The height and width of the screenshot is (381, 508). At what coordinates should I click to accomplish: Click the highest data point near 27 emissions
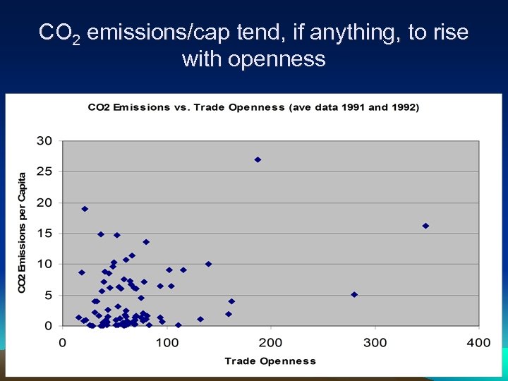(x=258, y=159)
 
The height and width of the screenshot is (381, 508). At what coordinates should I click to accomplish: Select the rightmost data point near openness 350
(x=425, y=226)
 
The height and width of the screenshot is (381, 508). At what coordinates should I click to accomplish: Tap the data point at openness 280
(x=354, y=294)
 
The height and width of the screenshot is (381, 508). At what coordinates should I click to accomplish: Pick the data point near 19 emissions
(x=85, y=209)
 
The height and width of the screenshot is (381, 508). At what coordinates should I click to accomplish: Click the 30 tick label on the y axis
(x=44, y=140)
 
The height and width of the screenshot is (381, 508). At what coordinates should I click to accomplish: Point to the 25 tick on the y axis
(x=44, y=171)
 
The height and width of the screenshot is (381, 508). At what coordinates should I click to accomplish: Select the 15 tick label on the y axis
(x=44, y=234)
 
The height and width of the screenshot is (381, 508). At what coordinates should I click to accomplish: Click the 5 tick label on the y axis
(x=48, y=295)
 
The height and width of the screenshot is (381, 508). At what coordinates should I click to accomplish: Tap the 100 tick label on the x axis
(x=167, y=343)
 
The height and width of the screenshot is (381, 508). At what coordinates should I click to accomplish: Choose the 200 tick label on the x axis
(x=271, y=343)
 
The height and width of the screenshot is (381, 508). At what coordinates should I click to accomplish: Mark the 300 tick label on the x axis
(x=375, y=343)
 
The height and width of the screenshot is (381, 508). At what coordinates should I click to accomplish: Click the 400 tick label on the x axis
(x=478, y=343)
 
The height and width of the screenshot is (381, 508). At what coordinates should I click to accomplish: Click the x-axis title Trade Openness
(x=270, y=361)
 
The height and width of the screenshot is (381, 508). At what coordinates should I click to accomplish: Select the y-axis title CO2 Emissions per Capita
(x=22, y=233)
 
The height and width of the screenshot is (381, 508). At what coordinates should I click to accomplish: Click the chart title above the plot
(x=253, y=107)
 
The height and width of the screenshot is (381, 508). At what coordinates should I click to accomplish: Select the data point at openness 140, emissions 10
(x=208, y=264)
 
